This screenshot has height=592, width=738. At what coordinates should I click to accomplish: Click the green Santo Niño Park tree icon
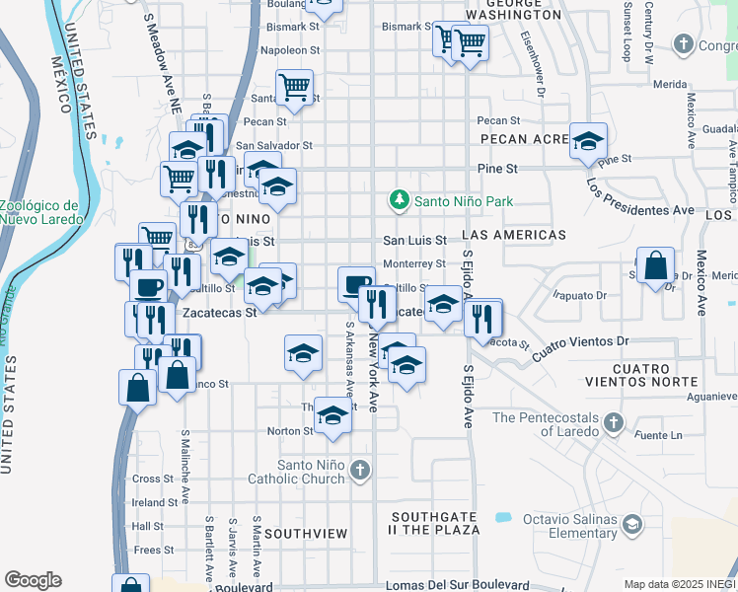pos(400,200)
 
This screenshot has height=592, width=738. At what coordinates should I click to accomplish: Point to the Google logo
pos(33,580)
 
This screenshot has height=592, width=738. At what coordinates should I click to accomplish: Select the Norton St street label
pos(289,430)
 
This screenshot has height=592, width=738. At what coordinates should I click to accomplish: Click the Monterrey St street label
pos(414,263)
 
